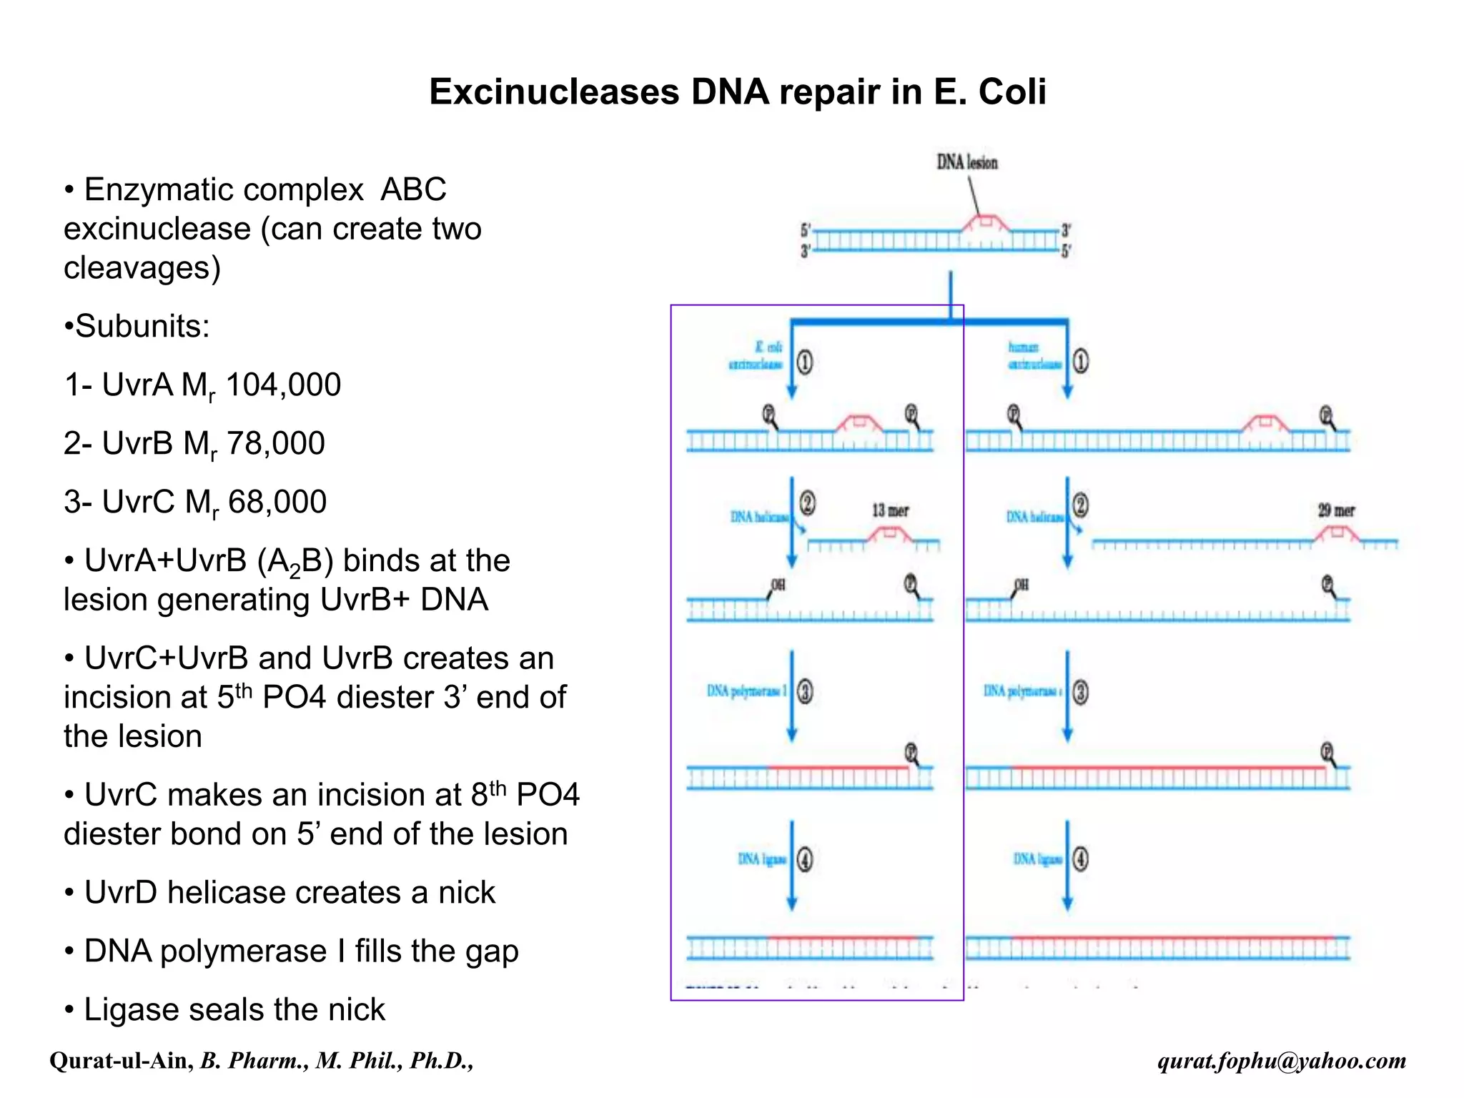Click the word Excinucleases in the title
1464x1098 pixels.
tap(554, 92)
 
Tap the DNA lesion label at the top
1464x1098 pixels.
tap(966, 162)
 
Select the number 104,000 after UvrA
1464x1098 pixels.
tap(283, 385)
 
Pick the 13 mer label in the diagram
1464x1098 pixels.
tap(890, 510)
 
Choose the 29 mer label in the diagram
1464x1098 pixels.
tap(1336, 510)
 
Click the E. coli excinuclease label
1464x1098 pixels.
tap(757, 356)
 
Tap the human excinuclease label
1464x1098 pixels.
tap(1033, 356)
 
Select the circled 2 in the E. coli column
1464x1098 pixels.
tap(807, 504)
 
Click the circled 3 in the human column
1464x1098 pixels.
tap(1081, 692)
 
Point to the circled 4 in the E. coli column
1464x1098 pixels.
tap(805, 859)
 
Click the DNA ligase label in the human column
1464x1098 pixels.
tap(1037, 859)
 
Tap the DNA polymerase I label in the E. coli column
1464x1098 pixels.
tap(746, 691)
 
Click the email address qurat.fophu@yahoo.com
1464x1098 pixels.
tap(1282, 1061)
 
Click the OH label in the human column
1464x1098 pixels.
tap(1022, 585)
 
